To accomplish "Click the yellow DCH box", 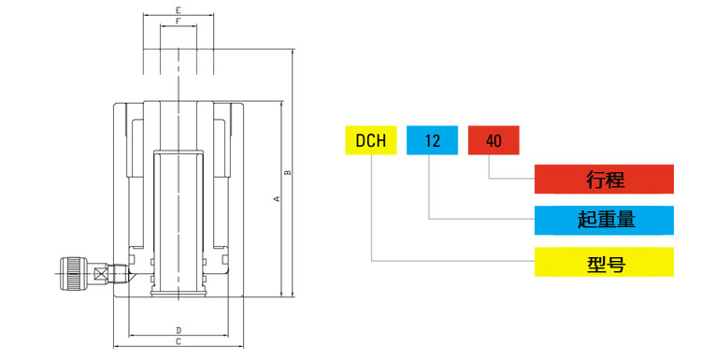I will point(370,140).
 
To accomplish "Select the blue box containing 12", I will point(432,140).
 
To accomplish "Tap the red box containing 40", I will point(494,140).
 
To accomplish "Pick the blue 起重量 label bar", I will point(604,221).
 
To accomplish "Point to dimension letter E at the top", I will point(178,9).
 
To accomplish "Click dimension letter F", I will point(178,22).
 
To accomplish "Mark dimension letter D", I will point(178,330).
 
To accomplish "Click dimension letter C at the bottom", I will point(178,343).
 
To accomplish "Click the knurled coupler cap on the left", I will point(72,273).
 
